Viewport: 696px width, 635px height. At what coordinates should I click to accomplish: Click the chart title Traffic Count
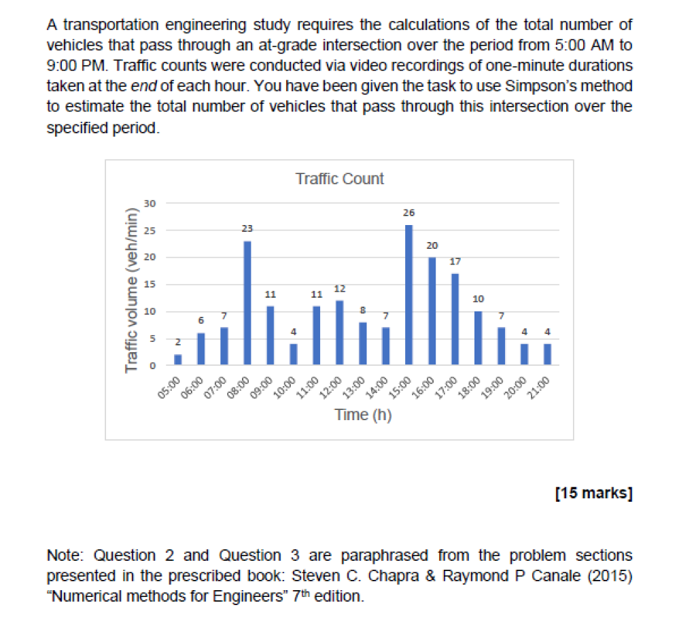pos(339,179)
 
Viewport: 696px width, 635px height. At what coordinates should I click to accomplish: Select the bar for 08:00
pos(247,303)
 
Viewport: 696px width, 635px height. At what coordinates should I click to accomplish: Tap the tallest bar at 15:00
pos(408,294)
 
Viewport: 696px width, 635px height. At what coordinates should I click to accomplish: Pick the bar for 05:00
pos(178,360)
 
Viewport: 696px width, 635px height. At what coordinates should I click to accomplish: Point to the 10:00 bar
pos(293,354)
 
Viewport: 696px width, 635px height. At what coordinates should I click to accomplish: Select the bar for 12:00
pos(339,332)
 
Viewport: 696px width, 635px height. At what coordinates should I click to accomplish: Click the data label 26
pos(408,213)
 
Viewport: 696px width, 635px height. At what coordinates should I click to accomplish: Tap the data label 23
pos(247,230)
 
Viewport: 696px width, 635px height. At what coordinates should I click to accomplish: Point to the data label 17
pos(455,262)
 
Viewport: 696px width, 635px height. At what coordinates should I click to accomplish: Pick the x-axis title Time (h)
pos(363,415)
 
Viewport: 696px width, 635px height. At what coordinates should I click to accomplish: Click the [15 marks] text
pos(593,493)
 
